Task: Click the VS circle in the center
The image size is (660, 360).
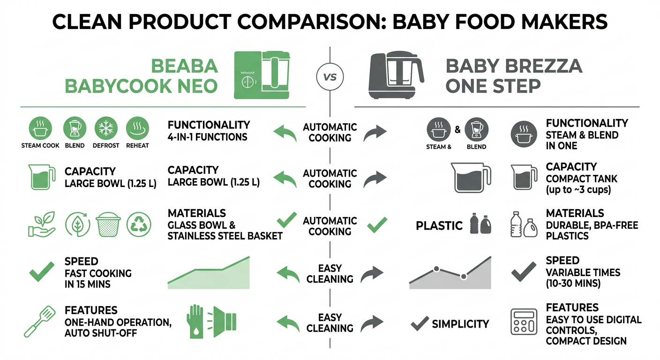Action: (x=330, y=76)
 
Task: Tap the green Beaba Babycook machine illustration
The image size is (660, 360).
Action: (x=262, y=75)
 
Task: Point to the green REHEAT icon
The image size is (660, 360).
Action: (x=137, y=127)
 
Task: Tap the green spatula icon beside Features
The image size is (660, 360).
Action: (x=39, y=322)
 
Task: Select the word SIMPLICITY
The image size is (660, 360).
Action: (x=460, y=323)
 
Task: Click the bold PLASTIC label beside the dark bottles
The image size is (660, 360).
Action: (x=439, y=225)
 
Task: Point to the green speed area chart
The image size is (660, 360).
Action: (x=209, y=273)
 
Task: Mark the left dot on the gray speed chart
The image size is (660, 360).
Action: (x=436, y=269)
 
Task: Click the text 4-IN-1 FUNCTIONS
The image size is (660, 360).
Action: (x=207, y=137)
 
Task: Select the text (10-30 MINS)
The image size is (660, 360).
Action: (x=573, y=284)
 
